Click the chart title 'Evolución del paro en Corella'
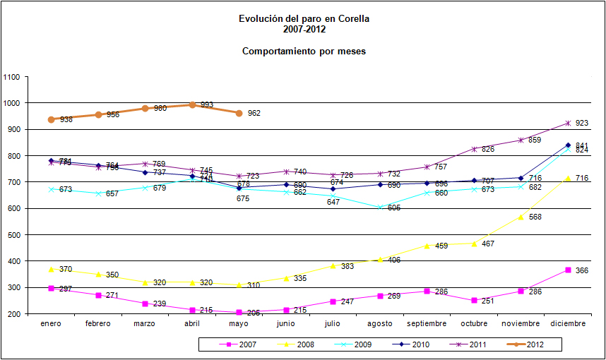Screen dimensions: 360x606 tap(304, 19)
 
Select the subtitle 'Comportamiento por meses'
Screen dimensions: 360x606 tap(304, 52)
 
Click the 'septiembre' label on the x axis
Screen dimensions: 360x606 tap(427, 323)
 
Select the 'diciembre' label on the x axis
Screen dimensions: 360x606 tap(568, 323)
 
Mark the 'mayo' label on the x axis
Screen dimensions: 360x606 tap(239, 323)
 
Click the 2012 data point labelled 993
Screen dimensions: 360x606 tap(192, 105)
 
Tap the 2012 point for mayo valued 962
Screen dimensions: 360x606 tap(239, 113)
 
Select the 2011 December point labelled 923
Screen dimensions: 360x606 tap(568, 124)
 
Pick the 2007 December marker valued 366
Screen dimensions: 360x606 tap(568, 270)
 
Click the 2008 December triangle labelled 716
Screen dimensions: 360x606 tap(568, 178)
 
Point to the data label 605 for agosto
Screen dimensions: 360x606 tap(393, 208)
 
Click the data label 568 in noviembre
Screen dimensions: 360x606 tap(535, 217)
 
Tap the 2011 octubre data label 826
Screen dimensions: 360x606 tap(488, 149)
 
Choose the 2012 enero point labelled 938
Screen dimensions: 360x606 tap(51, 119)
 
